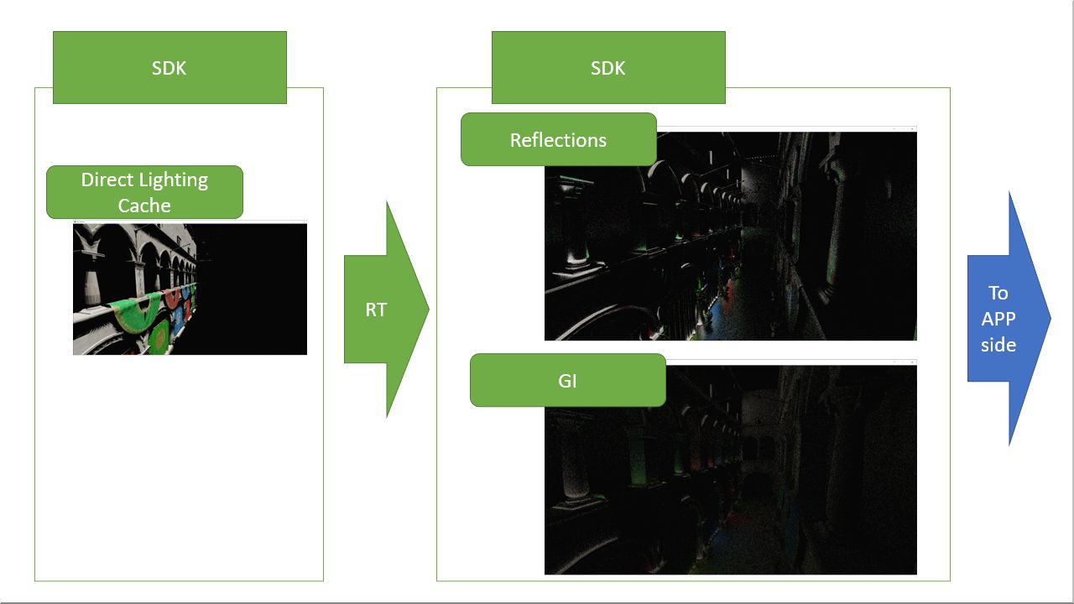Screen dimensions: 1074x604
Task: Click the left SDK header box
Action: [169, 68]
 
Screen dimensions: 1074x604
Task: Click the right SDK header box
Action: [608, 68]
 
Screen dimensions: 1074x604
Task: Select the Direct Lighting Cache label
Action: [145, 192]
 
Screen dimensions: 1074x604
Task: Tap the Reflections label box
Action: [559, 139]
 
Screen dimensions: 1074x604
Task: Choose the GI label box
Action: [568, 381]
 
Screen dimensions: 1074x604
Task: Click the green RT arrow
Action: [387, 310]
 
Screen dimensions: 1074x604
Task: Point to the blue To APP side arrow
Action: [1009, 318]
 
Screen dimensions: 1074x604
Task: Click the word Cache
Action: [144, 206]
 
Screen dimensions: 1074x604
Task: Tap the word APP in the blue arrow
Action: [998, 319]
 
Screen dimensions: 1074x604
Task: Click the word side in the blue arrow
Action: [998, 345]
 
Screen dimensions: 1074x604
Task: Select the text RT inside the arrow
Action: [376, 310]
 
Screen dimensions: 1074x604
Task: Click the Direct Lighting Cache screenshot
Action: [190, 288]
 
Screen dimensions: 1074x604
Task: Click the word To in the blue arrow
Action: [998, 293]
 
